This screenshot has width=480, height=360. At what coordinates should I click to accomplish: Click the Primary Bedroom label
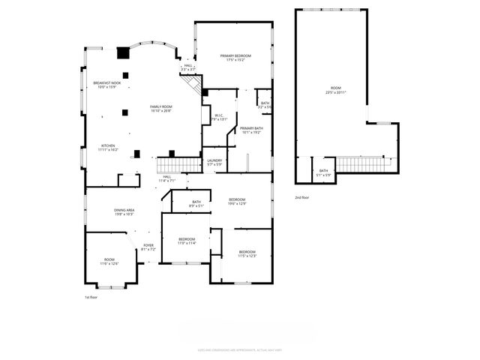click(x=235, y=57)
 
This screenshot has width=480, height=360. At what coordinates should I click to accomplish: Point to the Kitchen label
click(x=109, y=145)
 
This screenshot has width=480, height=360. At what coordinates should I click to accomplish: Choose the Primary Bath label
click(x=250, y=128)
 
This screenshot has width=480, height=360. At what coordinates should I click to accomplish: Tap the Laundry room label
click(x=214, y=160)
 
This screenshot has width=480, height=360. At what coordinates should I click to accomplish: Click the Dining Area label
click(x=124, y=210)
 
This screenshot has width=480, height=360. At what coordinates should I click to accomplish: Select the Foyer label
click(x=148, y=245)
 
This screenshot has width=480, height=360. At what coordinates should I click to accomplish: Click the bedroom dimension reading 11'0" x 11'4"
click(x=187, y=243)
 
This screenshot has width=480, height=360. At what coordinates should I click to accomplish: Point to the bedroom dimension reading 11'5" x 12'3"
click(x=247, y=256)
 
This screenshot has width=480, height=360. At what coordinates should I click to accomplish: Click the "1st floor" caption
click(x=91, y=297)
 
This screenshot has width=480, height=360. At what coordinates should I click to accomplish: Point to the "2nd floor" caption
click(x=302, y=197)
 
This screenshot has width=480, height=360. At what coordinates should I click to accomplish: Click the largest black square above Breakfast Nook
click(x=122, y=53)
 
